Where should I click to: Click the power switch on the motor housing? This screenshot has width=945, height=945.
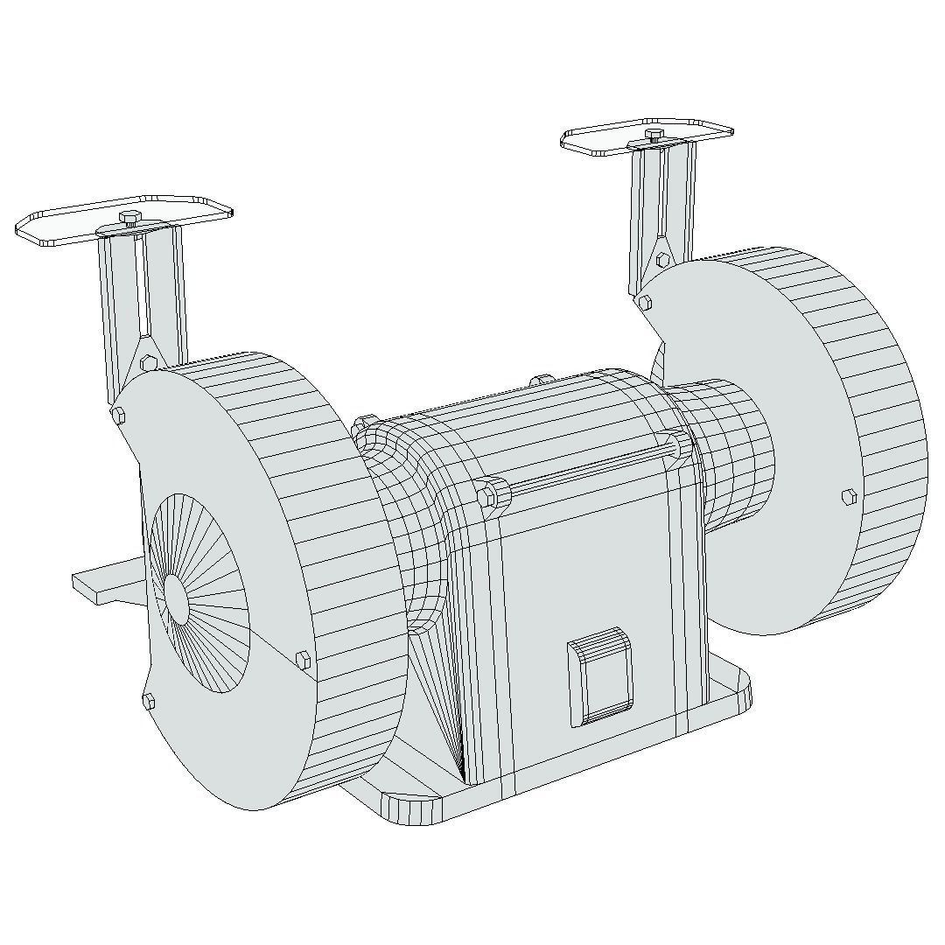point(601,677)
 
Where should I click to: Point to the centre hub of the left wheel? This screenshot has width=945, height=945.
point(177,600)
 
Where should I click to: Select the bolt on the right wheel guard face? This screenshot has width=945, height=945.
point(848,497)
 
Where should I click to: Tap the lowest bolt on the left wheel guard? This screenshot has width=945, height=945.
point(149,700)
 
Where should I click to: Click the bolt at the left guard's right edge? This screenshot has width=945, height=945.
point(304,660)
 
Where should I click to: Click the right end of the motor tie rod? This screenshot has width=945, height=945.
point(679,446)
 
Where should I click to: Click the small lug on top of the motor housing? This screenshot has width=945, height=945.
point(542,380)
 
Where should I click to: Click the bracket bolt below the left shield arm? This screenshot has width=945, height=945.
point(148,362)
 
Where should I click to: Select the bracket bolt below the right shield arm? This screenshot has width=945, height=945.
point(663,260)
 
